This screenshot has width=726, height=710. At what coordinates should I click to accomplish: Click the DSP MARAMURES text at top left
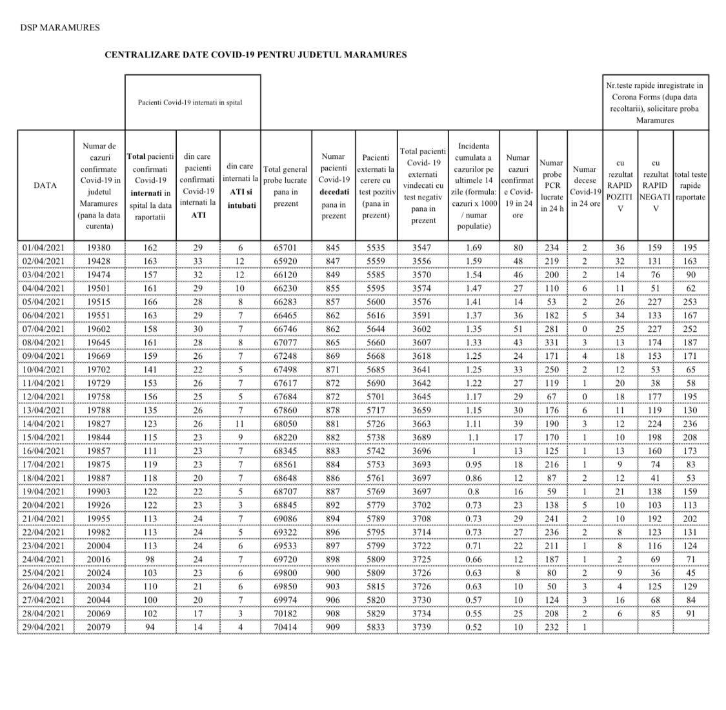click(x=60, y=28)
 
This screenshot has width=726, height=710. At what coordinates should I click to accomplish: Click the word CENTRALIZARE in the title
click(x=136, y=55)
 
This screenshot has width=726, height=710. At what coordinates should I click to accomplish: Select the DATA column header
click(x=45, y=185)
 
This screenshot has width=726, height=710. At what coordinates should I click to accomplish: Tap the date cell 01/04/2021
click(x=44, y=248)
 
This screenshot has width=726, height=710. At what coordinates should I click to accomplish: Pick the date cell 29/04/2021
click(x=44, y=627)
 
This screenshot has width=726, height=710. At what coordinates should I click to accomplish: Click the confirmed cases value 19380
click(x=99, y=248)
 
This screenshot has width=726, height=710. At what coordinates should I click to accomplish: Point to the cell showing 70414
click(x=286, y=627)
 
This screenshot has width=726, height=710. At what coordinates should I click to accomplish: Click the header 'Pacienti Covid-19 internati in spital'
click(x=190, y=102)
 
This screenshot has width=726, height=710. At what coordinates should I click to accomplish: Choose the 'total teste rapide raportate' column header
click(x=690, y=185)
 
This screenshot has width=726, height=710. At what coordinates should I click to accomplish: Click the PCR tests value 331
click(x=551, y=343)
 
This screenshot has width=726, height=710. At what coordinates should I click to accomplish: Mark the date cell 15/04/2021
click(x=44, y=438)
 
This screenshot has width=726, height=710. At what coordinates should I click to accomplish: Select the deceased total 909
click(x=334, y=627)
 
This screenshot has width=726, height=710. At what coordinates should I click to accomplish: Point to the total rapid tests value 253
click(x=691, y=302)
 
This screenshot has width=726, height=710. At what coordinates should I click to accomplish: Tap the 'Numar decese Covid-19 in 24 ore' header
click(x=585, y=186)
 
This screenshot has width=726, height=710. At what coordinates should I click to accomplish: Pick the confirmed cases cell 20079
click(x=99, y=627)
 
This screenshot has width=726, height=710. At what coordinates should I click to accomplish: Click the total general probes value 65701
click(x=286, y=248)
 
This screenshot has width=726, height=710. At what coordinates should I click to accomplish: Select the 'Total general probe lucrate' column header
click(x=286, y=186)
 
